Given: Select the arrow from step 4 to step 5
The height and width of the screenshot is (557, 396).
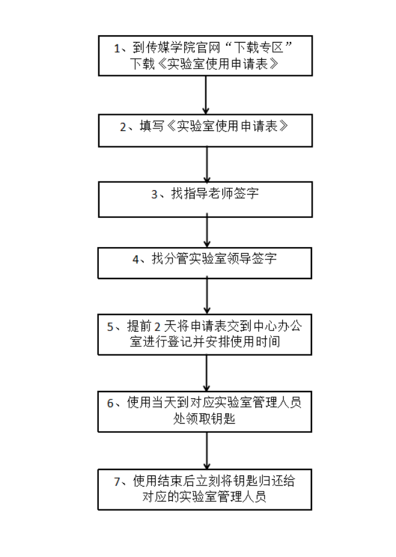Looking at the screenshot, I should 206,295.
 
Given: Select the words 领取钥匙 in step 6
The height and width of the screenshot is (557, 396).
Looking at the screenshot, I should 216,417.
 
